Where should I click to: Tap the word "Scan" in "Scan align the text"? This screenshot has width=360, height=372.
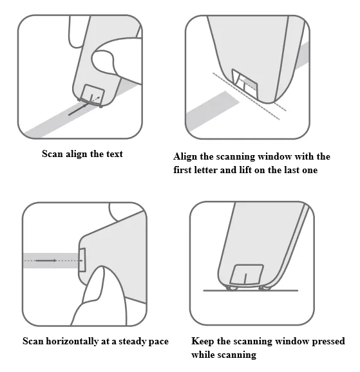pos(52,154)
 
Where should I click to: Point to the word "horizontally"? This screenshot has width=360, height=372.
pos(72,341)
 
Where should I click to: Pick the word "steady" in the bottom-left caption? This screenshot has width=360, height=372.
pos(132,342)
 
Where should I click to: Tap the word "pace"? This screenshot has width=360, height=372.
pos(158,342)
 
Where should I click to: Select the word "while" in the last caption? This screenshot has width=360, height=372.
pos(203,355)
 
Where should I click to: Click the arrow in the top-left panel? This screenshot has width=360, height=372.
pos(78,109)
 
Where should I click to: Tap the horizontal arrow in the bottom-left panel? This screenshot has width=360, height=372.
pos(46,261)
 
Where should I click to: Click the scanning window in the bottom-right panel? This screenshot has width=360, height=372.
pos(247,274)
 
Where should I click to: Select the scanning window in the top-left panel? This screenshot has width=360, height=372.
pos(92,94)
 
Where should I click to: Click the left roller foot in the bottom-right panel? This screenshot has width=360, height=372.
pos(232,288)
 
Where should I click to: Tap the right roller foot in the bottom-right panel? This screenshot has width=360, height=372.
pos(265,288)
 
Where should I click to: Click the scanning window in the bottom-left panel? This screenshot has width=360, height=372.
pos(82,260)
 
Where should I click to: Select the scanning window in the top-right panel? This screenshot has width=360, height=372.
pos(245,84)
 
